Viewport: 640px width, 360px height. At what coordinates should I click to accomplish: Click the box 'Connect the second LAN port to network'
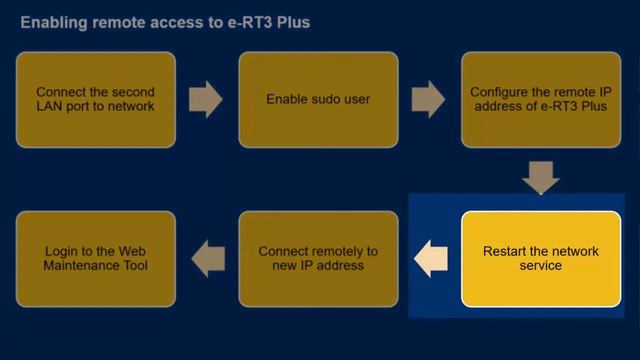coord(96,99)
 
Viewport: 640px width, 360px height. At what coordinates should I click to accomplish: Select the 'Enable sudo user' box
coord(318,99)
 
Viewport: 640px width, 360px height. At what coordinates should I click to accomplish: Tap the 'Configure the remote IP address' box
coord(540,99)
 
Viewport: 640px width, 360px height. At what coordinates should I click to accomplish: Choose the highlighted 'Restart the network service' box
coord(541,258)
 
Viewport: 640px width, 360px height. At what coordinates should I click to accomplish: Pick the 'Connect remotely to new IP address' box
coord(318,258)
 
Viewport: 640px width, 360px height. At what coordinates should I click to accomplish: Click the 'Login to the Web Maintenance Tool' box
coord(96,258)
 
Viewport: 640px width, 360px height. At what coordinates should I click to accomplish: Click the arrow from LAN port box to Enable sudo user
coord(206,99)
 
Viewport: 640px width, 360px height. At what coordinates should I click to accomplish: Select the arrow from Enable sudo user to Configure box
coord(428,99)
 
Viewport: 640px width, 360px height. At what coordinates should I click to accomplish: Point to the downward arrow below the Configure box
coord(541,177)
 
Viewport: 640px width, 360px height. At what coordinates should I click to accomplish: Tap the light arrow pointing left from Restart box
coord(430,258)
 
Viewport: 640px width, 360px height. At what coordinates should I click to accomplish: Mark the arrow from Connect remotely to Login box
coord(208,258)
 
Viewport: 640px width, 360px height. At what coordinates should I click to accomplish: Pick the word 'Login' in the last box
coord(64,251)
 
